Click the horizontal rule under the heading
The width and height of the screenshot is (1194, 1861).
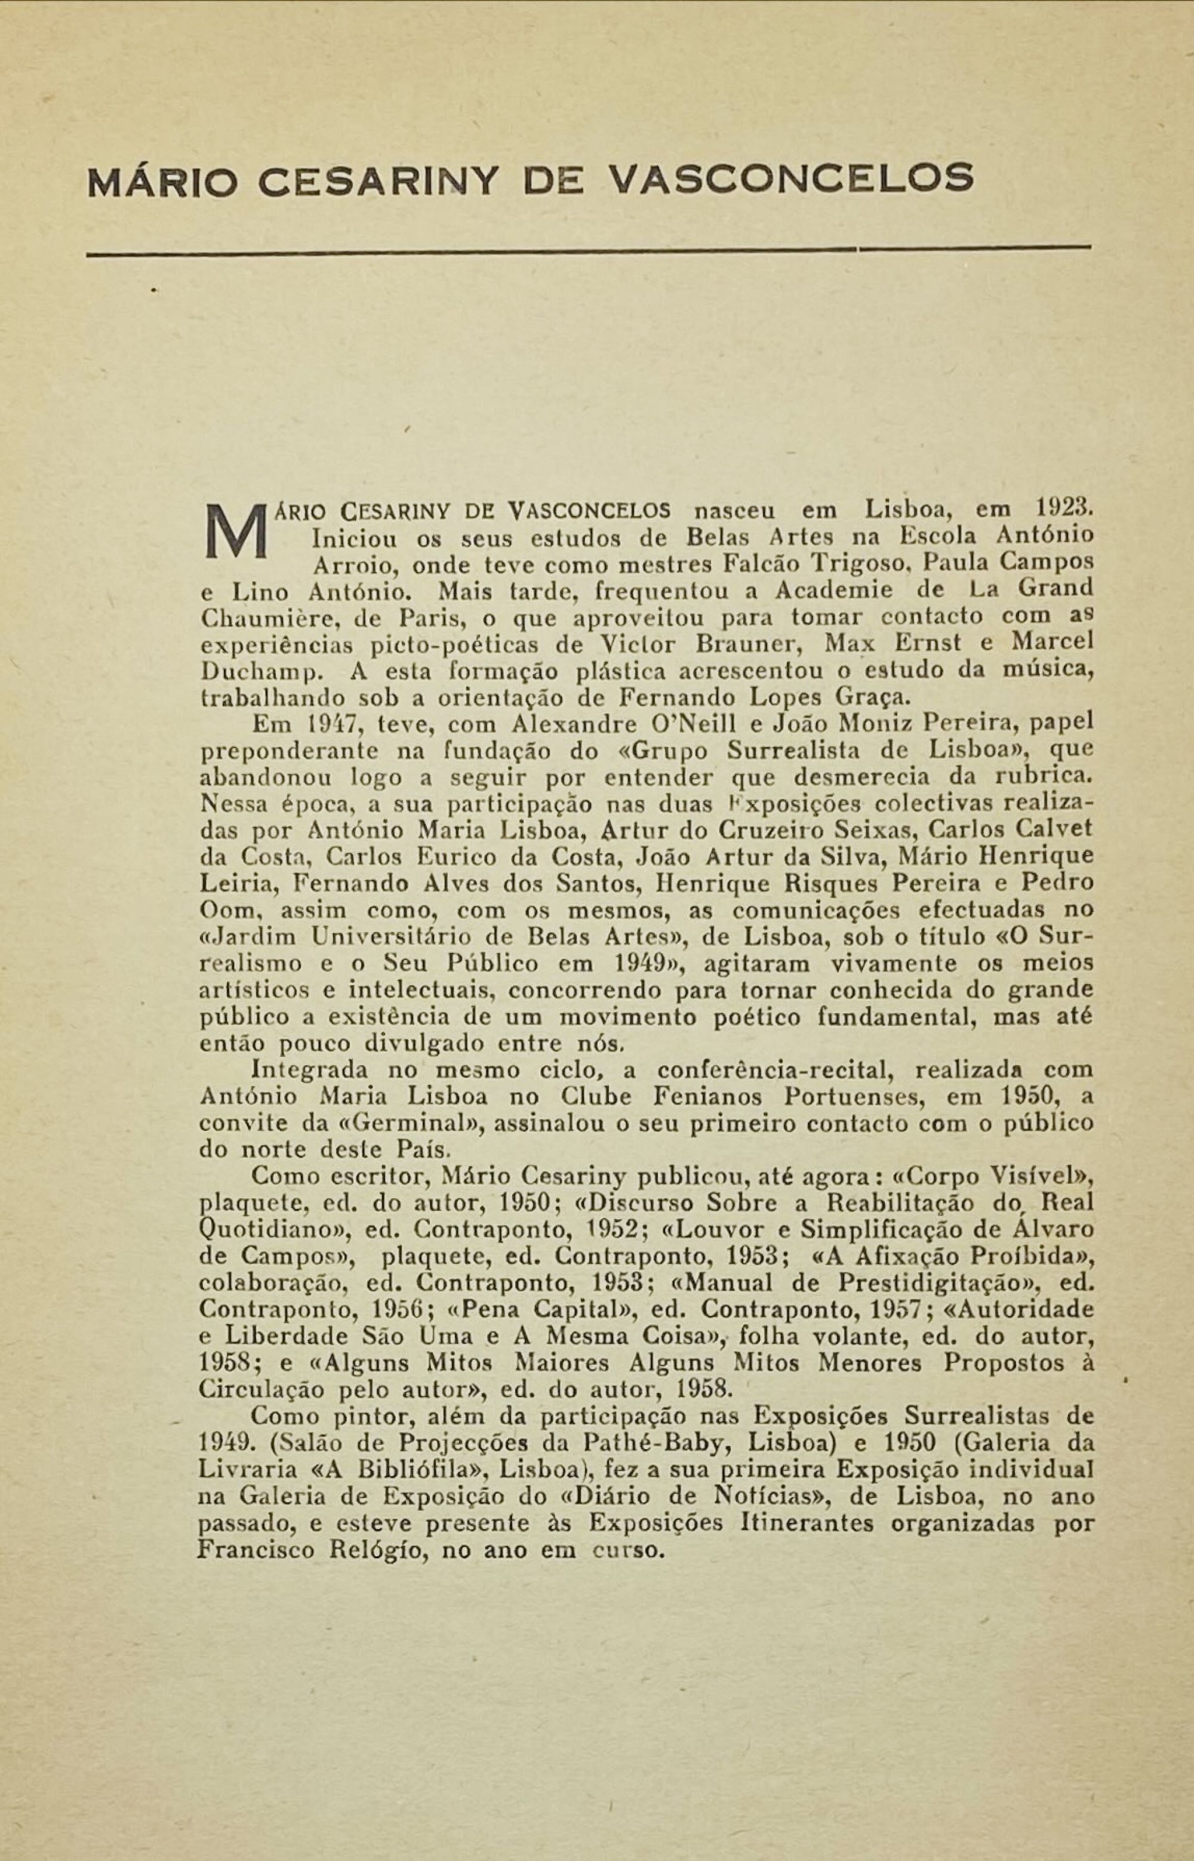(589, 249)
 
